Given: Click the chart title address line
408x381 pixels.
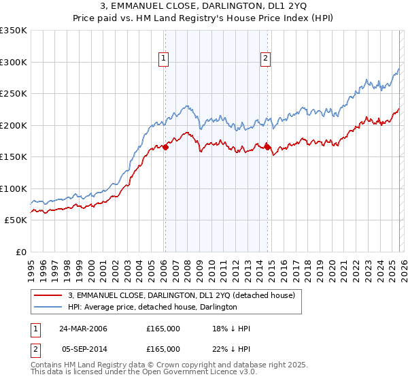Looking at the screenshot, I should (204, 6).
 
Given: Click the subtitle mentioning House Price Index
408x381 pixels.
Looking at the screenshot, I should (204, 18).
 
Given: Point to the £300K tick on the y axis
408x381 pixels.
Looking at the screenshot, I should (14, 62).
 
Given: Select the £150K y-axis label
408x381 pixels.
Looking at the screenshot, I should (14, 156).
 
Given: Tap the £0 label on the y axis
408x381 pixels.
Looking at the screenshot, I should (20, 252).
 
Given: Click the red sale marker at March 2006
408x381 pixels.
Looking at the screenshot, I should (165, 147).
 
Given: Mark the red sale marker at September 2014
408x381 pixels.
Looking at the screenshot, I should (267, 147).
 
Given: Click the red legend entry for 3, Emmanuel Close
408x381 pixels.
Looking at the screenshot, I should (181, 295).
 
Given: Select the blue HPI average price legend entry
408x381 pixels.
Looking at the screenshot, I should (152, 308).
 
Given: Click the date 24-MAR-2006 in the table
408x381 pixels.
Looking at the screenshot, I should (83, 329).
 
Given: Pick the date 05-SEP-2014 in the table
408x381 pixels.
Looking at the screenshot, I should (83, 348).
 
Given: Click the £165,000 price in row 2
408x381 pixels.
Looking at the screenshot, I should (163, 348).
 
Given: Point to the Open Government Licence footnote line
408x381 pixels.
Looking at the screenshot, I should (133, 374).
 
